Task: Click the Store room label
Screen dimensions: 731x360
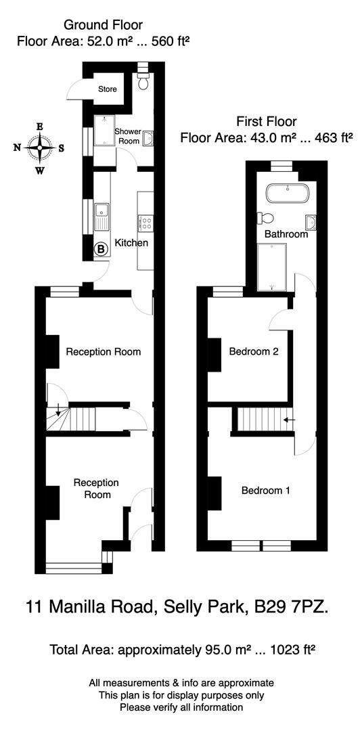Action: coord(108,89)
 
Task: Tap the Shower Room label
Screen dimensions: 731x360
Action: coord(127,136)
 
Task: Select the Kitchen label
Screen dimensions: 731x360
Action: coord(131,243)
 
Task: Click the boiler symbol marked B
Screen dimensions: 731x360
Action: coord(101,249)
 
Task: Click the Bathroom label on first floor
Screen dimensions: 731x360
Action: coord(286,234)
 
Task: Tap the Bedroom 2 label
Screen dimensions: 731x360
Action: coord(254,352)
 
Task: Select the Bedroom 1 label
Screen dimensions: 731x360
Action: coord(266,491)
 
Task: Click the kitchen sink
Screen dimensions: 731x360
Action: coord(102,216)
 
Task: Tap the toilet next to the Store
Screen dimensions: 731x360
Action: coord(143,81)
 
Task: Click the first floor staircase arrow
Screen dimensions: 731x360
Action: coord(290,420)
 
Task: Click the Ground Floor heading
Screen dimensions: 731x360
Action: coord(104,25)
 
